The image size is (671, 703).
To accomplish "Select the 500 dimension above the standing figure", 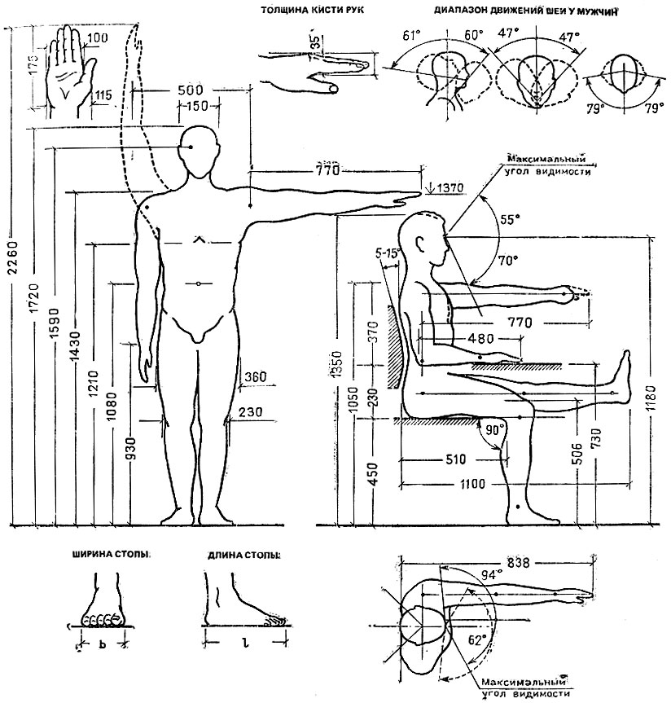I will (190, 90).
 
